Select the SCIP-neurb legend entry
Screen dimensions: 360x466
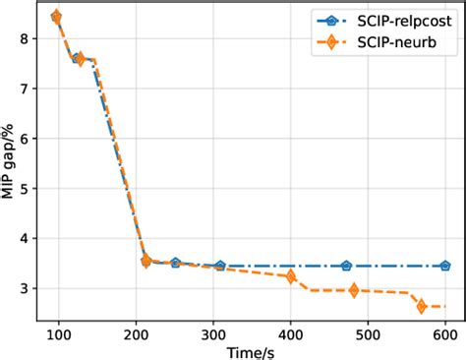coord(382,43)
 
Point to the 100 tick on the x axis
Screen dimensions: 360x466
coord(58,333)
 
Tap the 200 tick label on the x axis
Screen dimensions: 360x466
coord(136,333)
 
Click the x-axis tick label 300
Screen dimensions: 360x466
coord(212,333)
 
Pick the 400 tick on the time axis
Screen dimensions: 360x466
coord(290,333)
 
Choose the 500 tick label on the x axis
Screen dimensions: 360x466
coord(368,333)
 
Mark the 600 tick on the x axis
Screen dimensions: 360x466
coord(444,333)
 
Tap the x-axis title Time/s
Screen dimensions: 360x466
coord(252,351)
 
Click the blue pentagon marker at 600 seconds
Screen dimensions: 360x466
coord(444,266)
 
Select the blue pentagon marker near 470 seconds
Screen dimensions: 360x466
coord(346,266)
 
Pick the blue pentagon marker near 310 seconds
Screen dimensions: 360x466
coord(220,266)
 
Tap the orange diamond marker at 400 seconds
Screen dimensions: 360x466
coord(290,276)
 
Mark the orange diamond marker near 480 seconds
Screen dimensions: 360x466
coord(353,290)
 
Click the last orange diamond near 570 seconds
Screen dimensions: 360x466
coord(422,307)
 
